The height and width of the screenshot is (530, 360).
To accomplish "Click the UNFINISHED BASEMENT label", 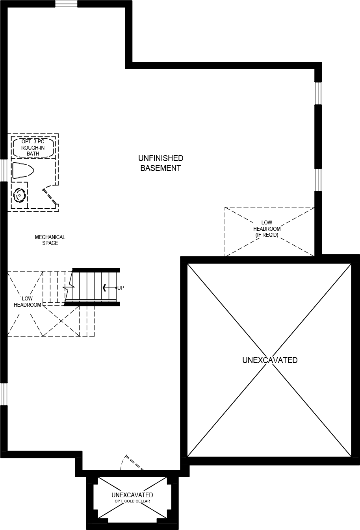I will [x=161, y=163].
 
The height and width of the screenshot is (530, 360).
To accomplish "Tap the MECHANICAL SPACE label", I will [x=50, y=240].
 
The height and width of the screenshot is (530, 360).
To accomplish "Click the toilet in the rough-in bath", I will [x=22, y=170].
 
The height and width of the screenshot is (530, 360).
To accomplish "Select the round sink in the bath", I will [x=19, y=195].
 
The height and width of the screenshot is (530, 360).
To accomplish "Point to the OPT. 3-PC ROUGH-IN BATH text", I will [x=33, y=148].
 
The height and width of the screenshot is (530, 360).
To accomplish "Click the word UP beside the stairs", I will [x=121, y=288].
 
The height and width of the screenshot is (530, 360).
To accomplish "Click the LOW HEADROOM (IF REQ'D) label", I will [x=267, y=229].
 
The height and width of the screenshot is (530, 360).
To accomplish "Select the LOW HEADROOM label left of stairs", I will [x=27, y=302].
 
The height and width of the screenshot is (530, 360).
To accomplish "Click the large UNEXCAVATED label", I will [x=270, y=360].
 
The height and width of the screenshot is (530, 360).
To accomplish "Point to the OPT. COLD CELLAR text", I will [x=132, y=501].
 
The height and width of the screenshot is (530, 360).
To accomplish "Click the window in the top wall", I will [x=66, y=4].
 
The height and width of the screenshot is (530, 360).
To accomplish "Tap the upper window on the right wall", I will [x=318, y=93].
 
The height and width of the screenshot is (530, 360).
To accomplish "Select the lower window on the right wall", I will [x=318, y=180].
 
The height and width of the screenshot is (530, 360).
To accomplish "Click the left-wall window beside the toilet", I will [x=4, y=170].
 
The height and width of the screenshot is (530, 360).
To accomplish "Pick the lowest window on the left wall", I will [x=4, y=394].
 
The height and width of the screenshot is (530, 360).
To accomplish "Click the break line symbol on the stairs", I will [x=70, y=286].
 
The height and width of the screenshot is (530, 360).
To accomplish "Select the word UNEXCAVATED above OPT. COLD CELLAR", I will [x=132, y=495].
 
